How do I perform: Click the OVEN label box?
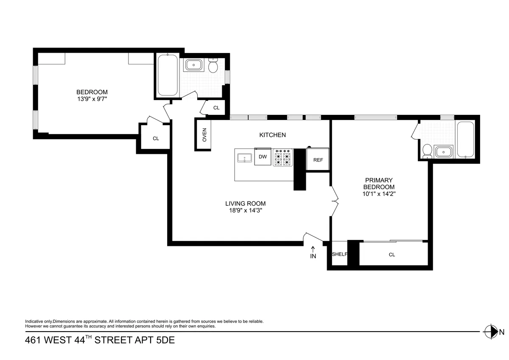(x=204, y=134)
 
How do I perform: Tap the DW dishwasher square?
(x=263, y=157)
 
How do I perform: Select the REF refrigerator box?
(x=318, y=159)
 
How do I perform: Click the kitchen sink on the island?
(x=244, y=158)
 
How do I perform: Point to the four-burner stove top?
(x=283, y=157)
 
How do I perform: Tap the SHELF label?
(x=339, y=254)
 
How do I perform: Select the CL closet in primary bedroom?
(x=392, y=255)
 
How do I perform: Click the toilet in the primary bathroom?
(x=427, y=151)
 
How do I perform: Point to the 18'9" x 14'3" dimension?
(x=245, y=210)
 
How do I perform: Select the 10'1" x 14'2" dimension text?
(x=379, y=194)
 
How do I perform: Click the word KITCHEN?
(x=272, y=135)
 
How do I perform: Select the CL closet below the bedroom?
(x=156, y=138)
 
